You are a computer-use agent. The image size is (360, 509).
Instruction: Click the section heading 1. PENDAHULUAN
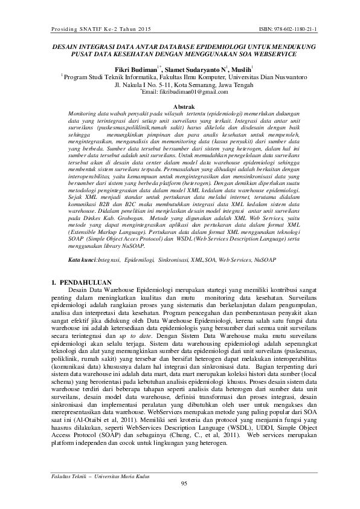click(79, 282)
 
